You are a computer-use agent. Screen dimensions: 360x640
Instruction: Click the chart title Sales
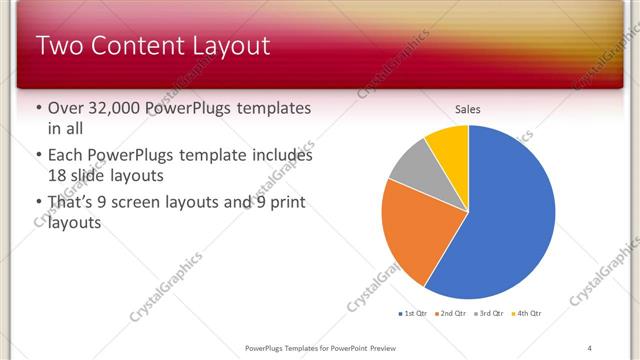468,109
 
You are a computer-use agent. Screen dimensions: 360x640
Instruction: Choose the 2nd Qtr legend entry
453,314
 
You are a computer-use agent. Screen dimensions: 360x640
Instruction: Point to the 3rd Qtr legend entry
490,314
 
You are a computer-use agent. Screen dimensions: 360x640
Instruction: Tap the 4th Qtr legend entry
527,314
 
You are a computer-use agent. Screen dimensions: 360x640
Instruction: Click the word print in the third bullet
285,204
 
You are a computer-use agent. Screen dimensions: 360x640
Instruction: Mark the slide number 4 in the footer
589,348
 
